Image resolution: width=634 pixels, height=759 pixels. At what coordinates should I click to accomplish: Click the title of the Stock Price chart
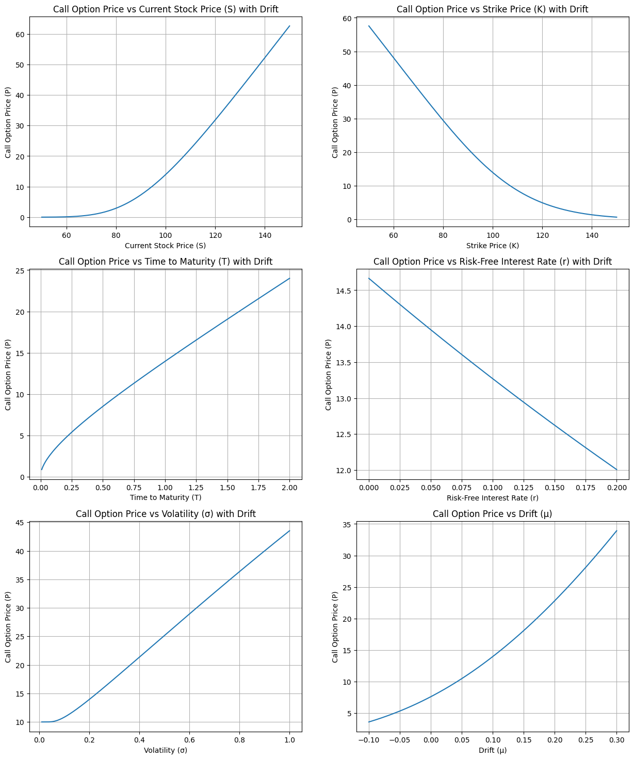click(x=166, y=9)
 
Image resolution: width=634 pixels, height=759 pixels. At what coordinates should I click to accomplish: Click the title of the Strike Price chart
click(x=492, y=9)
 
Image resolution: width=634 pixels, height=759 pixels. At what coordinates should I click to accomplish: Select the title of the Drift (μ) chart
click(x=492, y=513)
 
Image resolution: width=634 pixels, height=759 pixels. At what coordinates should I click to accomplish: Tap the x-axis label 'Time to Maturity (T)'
click(x=166, y=497)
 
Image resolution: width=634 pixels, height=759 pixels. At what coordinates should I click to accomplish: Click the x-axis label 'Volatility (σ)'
click(x=166, y=750)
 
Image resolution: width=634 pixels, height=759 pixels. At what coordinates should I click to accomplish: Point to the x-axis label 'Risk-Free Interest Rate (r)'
click(x=492, y=497)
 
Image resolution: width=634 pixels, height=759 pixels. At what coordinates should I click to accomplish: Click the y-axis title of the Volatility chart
click(x=8, y=627)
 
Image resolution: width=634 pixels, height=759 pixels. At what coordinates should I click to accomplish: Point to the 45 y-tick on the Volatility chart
click(x=19, y=523)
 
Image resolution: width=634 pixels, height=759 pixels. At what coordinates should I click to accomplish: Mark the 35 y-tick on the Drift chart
click(x=346, y=525)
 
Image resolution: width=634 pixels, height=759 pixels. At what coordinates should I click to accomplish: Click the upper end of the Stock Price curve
click(x=289, y=26)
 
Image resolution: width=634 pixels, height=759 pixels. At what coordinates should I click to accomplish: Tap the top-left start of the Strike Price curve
click(x=369, y=26)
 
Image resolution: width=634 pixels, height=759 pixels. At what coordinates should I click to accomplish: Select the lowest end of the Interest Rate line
click(x=616, y=470)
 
